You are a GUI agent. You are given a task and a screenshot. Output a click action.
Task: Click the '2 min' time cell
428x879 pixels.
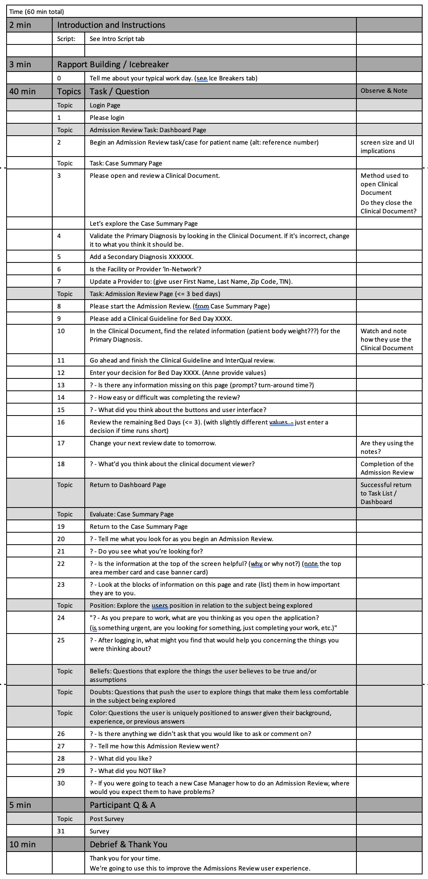click(20, 25)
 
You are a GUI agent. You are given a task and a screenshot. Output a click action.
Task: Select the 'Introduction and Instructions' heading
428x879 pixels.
click(111, 25)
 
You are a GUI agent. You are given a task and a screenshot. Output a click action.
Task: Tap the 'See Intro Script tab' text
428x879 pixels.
click(117, 39)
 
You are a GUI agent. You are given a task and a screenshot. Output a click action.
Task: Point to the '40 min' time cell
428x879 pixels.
click(22, 92)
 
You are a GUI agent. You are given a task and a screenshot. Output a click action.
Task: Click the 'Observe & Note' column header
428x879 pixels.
click(383, 91)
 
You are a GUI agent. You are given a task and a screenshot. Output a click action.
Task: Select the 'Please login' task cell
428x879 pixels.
click(107, 118)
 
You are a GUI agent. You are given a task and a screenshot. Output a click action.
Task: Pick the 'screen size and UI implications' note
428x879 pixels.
click(387, 146)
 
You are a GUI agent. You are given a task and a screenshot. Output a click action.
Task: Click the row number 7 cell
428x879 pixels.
click(59, 281)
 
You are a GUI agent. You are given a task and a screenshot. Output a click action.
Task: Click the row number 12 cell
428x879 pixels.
click(61, 373)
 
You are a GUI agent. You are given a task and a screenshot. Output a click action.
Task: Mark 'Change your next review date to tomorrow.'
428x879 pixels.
click(152, 443)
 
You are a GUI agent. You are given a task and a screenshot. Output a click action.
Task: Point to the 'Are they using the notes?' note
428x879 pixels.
click(387, 447)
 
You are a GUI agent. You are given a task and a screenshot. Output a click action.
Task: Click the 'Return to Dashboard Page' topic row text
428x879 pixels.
click(128, 485)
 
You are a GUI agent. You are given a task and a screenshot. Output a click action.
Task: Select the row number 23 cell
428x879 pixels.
click(61, 584)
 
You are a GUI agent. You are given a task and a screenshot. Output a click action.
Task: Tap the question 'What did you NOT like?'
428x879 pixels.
click(127, 771)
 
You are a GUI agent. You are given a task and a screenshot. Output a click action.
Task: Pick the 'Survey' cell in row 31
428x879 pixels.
click(99, 831)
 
